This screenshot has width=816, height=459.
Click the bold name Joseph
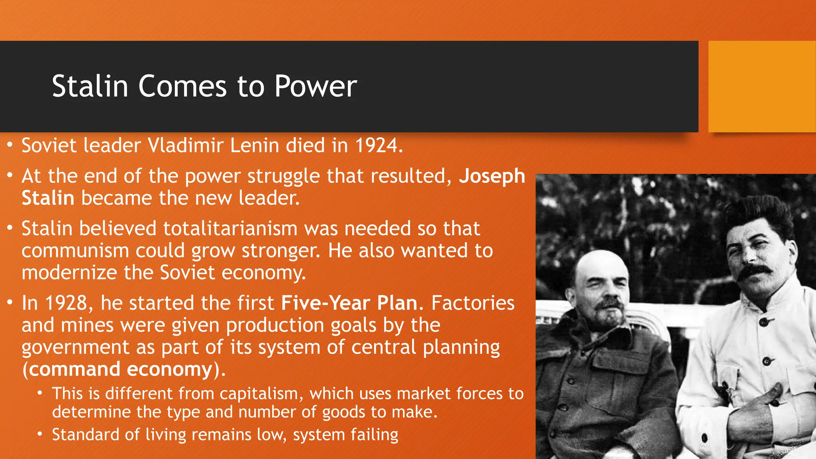pos(492,176)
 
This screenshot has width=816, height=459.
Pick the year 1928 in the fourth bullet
pos(66,303)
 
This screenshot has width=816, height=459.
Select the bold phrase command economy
pos(120,369)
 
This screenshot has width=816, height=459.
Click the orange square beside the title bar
pos(762,86)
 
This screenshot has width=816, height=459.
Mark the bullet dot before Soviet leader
pos(10,144)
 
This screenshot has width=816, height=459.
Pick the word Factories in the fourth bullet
pos(473,303)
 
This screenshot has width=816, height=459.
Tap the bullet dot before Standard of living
pos(40,434)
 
